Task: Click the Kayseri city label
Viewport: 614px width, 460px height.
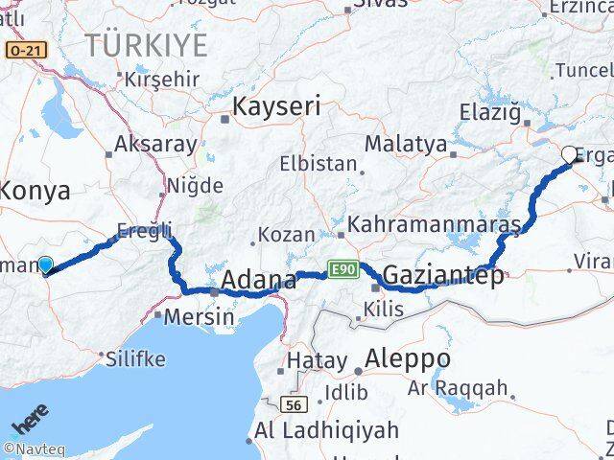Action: click(x=275, y=106)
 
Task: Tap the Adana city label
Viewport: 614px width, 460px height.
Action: click(x=259, y=281)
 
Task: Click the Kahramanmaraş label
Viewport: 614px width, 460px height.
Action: click(x=435, y=225)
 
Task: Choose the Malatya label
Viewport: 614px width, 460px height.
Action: click(x=406, y=145)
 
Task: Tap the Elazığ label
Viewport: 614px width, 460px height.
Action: click(x=495, y=113)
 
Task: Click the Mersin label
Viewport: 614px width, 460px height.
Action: click(x=199, y=315)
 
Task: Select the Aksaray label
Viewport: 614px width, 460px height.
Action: click(x=155, y=145)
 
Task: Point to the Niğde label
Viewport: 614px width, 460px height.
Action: click(x=195, y=185)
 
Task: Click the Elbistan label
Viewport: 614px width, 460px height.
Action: click(x=318, y=164)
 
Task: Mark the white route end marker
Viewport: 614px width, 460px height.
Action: click(x=569, y=153)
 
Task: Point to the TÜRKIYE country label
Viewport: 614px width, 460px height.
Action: click(x=145, y=44)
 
